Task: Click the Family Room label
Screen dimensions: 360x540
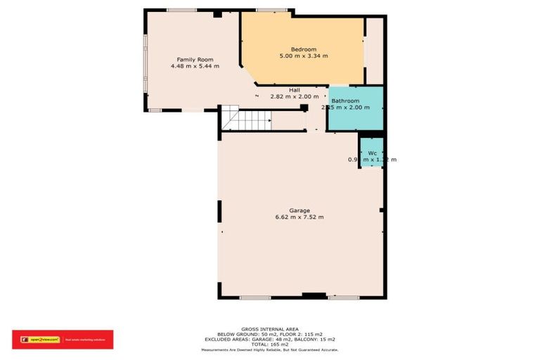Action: pos(195,60)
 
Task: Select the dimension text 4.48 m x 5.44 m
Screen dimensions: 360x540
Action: pos(195,67)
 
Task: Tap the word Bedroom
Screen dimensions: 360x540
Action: pos(304,49)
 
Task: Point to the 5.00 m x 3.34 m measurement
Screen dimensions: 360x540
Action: pos(304,56)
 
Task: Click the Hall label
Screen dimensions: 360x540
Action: pos(295,90)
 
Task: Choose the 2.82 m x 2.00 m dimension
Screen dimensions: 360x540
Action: pos(295,97)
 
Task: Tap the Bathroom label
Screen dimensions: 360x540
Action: pos(346,101)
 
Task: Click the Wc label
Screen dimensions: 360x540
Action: pos(372,153)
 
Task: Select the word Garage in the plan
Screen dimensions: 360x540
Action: pos(300,210)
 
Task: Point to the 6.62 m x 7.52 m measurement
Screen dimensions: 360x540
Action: pos(300,217)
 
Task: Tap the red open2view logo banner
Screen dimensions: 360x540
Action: pos(63,340)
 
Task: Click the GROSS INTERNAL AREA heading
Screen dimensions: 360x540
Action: pos(270,329)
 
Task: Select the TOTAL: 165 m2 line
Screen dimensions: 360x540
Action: pos(270,344)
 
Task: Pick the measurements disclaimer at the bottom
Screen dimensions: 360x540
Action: pos(270,349)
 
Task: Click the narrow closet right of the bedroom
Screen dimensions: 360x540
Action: pos(374,51)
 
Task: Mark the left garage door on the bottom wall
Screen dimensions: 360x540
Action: pos(255,298)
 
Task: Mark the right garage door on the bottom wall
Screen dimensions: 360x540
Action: pos(344,298)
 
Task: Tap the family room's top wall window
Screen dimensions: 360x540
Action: pos(181,10)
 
